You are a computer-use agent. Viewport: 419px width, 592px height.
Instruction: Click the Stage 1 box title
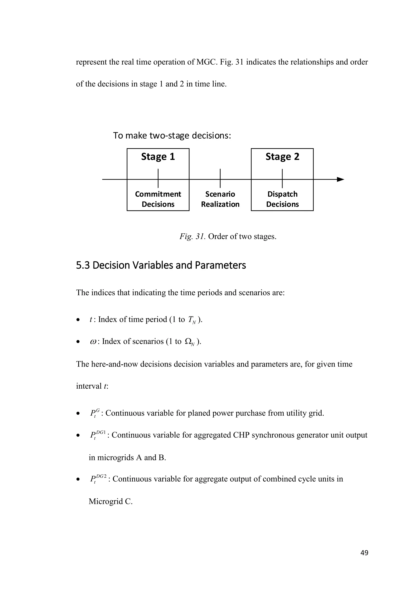click(158, 157)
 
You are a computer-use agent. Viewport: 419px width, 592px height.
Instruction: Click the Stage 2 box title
click(282, 157)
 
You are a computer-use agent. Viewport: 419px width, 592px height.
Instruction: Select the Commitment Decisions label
click(158, 199)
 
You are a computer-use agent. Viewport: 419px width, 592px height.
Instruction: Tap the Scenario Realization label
click(220, 199)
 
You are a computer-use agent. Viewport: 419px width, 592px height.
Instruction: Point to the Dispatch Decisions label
click(282, 199)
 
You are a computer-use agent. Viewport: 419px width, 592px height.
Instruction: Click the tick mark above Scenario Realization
click(220, 178)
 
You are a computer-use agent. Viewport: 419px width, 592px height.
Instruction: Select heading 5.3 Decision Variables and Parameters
click(161, 265)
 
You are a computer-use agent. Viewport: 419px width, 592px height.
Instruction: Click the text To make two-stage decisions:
click(172, 136)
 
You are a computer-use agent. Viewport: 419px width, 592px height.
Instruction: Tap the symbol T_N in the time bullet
click(192, 320)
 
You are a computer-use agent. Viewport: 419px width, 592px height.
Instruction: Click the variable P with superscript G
click(95, 413)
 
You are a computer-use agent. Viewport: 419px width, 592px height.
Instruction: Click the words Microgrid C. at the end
click(110, 501)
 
